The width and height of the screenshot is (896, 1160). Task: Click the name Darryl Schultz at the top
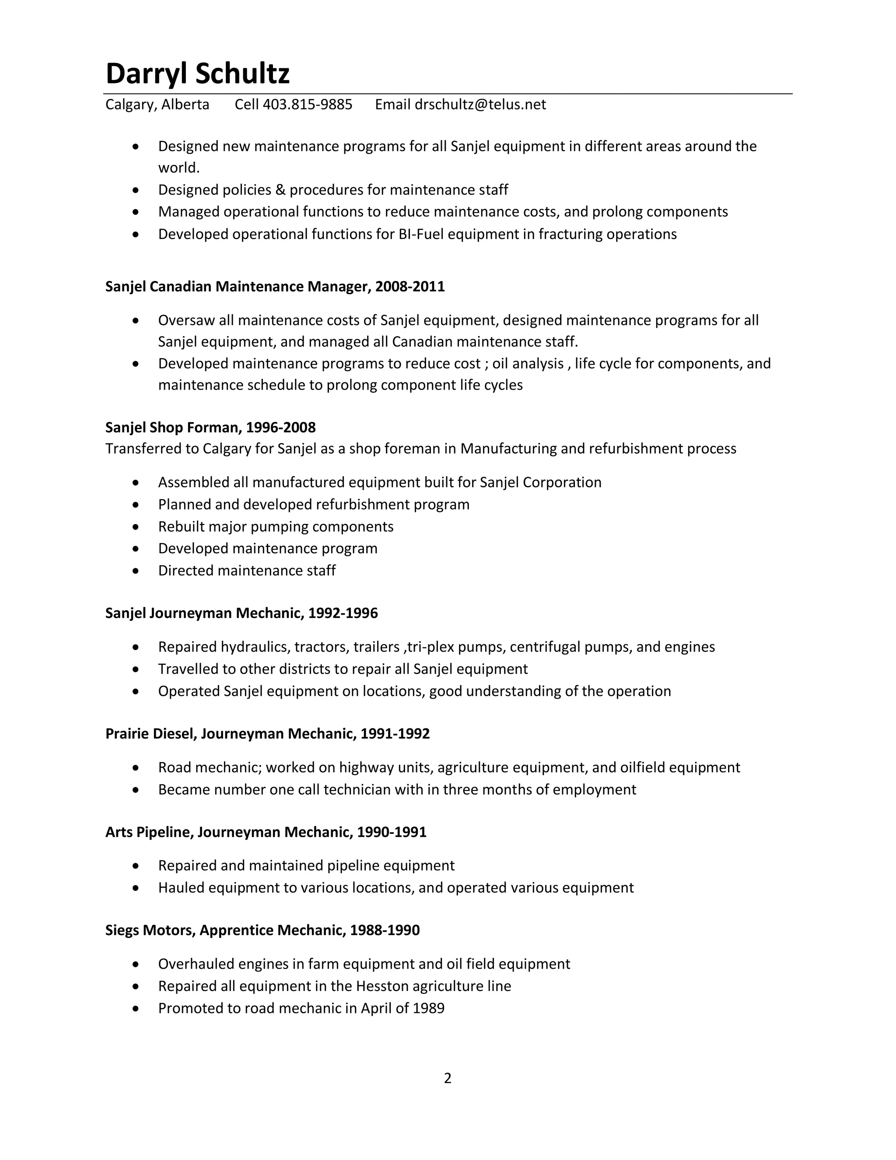point(197,73)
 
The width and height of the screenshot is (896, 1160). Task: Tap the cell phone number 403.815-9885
point(307,105)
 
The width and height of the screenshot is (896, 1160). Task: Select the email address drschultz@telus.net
point(480,105)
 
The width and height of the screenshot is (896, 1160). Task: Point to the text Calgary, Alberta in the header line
point(157,105)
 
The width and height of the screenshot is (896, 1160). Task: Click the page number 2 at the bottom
point(448,1078)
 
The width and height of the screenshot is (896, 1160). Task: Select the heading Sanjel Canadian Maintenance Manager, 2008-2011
point(275,287)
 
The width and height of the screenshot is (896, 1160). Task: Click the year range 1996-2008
point(281,428)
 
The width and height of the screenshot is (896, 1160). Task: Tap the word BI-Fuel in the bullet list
point(421,234)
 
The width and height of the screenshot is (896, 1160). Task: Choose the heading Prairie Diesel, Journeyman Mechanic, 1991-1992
point(267,734)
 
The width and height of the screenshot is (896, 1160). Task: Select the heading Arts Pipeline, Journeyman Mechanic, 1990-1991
point(266,832)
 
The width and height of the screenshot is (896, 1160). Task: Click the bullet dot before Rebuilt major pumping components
point(136,527)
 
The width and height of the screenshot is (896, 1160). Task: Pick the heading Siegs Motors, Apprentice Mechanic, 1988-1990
point(262,931)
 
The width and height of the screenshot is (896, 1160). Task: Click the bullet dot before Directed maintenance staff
point(136,571)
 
